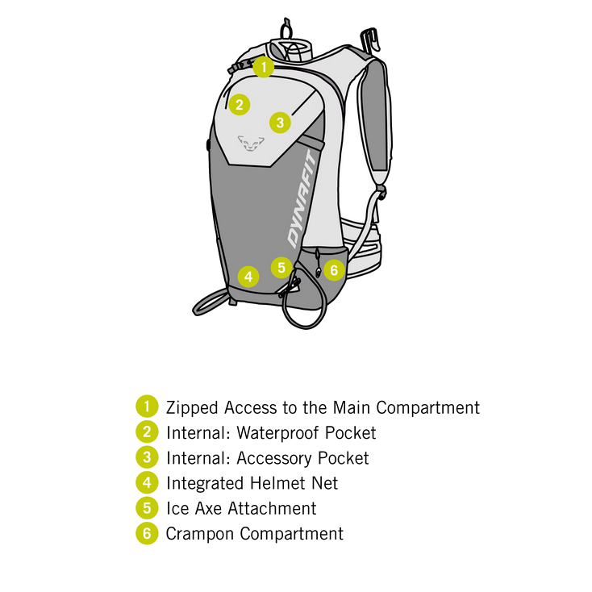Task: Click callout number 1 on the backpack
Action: [x=264, y=67]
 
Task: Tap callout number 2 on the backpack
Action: [x=240, y=105]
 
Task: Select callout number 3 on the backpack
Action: [x=280, y=123]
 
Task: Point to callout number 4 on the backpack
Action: [x=248, y=277]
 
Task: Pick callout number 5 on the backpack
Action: [x=281, y=268]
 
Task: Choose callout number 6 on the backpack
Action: [x=334, y=270]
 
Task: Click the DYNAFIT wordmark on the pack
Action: [x=302, y=199]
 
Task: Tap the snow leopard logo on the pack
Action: [x=251, y=144]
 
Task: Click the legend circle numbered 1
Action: [x=147, y=406]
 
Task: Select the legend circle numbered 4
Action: [x=147, y=482]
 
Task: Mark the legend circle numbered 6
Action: [x=147, y=533]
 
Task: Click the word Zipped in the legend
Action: [x=192, y=408]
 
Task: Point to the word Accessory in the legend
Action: [x=274, y=458]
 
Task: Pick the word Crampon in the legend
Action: [x=200, y=534]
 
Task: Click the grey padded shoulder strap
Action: [x=375, y=117]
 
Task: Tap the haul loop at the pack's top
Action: [x=286, y=28]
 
